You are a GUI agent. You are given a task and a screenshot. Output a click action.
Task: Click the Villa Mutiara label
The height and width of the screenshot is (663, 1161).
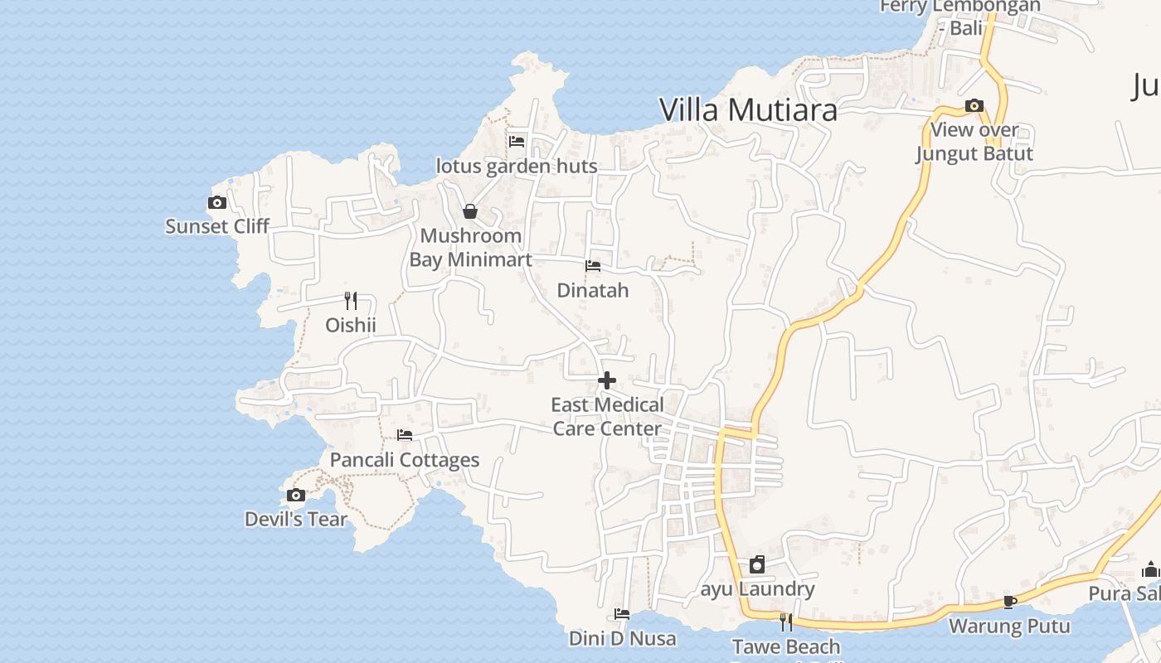pyautogui.click(x=748, y=109)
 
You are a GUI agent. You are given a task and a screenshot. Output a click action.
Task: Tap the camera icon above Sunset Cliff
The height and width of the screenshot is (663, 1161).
pyautogui.click(x=216, y=202)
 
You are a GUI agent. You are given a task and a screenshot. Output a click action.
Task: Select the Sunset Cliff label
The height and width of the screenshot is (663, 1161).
pyautogui.click(x=217, y=226)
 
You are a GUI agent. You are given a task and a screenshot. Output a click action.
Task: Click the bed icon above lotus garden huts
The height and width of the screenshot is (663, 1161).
pyautogui.click(x=517, y=141)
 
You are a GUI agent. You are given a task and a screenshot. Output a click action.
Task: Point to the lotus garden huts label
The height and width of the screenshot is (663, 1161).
pyautogui.click(x=517, y=167)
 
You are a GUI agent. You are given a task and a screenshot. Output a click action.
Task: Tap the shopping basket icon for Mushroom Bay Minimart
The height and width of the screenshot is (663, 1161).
pyautogui.click(x=470, y=211)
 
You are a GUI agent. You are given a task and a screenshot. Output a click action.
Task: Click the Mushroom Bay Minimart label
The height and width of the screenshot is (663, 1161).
pyautogui.click(x=470, y=248)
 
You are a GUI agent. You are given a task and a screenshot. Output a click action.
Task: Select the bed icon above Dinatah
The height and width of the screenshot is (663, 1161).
pyautogui.click(x=593, y=266)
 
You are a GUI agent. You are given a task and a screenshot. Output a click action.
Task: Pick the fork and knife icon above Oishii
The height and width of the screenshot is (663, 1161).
pyautogui.click(x=351, y=300)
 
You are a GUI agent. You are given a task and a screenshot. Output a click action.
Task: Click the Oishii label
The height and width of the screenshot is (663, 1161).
pyautogui.click(x=351, y=325)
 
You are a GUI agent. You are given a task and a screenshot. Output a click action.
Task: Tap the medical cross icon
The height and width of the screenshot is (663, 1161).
pyautogui.click(x=607, y=380)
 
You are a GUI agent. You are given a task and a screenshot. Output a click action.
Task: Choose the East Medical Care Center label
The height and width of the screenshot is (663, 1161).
pyautogui.click(x=607, y=417)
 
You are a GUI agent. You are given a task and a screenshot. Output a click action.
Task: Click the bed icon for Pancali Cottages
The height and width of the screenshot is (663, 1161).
pyautogui.click(x=405, y=434)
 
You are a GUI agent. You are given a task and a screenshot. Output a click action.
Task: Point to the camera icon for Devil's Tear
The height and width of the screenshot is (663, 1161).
pyautogui.click(x=295, y=496)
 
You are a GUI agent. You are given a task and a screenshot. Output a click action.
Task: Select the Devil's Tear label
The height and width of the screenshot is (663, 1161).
pyautogui.click(x=296, y=520)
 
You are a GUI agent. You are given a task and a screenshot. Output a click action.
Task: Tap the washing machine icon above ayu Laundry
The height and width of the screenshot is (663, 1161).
pyautogui.click(x=757, y=565)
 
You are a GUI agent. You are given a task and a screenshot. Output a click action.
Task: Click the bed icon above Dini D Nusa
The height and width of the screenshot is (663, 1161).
pyautogui.click(x=622, y=614)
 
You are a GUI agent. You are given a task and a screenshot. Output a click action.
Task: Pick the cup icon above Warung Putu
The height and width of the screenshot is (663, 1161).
pyautogui.click(x=1009, y=602)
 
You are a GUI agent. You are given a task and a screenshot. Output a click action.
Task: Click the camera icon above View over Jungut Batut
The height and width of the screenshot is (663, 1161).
pyautogui.click(x=974, y=106)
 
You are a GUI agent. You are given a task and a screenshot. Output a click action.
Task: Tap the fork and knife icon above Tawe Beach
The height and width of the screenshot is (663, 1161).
pyautogui.click(x=785, y=622)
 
